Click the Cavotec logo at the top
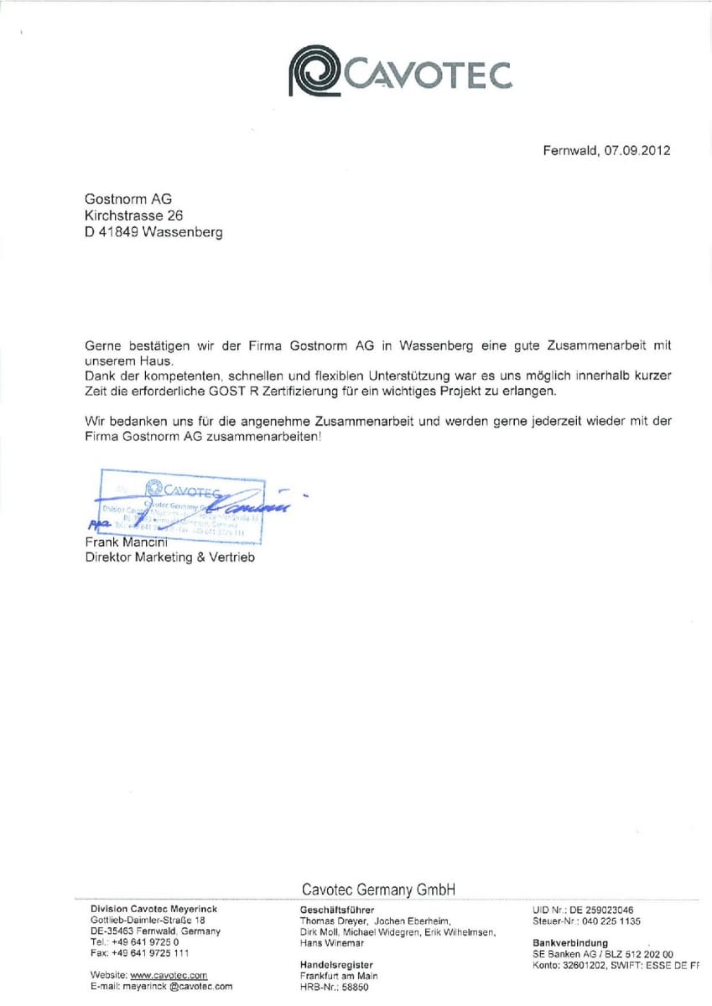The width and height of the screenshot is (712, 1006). pyautogui.click(x=399, y=73)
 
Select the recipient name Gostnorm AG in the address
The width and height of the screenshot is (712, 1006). pyautogui.click(x=128, y=199)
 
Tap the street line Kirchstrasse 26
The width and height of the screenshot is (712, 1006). pyautogui.click(x=133, y=215)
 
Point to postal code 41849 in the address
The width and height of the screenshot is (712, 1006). pyautogui.click(x=119, y=232)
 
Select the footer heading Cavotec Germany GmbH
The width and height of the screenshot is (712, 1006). pyautogui.click(x=378, y=889)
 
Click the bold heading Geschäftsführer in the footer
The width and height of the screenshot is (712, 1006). pyautogui.click(x=337, y=910)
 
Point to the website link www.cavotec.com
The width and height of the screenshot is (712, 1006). pyautogui.click(x=169, y=976)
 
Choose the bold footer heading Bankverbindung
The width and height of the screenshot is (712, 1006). pyautogui.click(x=570, y=943)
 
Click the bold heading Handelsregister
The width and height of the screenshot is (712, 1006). pyautogui.click(x=336, y=965)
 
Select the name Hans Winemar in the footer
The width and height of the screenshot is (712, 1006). pyautogui.click(x=332, y=943)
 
